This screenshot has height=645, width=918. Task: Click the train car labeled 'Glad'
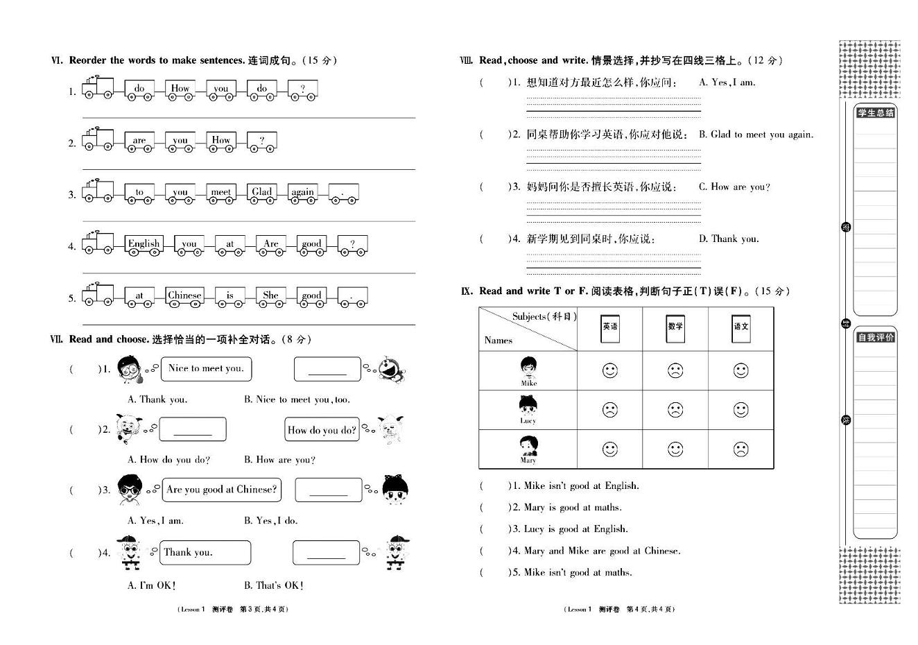262,193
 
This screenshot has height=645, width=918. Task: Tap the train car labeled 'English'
144,245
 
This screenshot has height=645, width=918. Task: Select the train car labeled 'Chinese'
184,296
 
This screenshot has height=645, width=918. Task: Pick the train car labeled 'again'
302,193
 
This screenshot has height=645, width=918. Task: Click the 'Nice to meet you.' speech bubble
206,369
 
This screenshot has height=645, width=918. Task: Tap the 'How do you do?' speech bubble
322,430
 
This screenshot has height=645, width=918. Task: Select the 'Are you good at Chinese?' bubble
221,490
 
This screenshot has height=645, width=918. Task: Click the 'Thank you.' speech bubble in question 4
205,553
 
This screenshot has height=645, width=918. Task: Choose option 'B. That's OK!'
274,585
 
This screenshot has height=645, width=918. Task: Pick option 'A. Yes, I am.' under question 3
156,521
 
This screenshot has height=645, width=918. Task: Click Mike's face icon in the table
528,368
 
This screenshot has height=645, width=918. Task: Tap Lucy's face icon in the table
528,406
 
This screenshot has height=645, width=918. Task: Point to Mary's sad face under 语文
741,449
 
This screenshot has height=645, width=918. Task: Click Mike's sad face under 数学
675,370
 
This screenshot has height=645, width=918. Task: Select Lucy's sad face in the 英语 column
609,410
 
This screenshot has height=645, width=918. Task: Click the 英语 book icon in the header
610,327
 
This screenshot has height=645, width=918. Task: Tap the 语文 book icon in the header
741,327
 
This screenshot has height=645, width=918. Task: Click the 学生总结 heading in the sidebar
876,113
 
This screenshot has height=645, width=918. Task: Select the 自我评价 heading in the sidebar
876,338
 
